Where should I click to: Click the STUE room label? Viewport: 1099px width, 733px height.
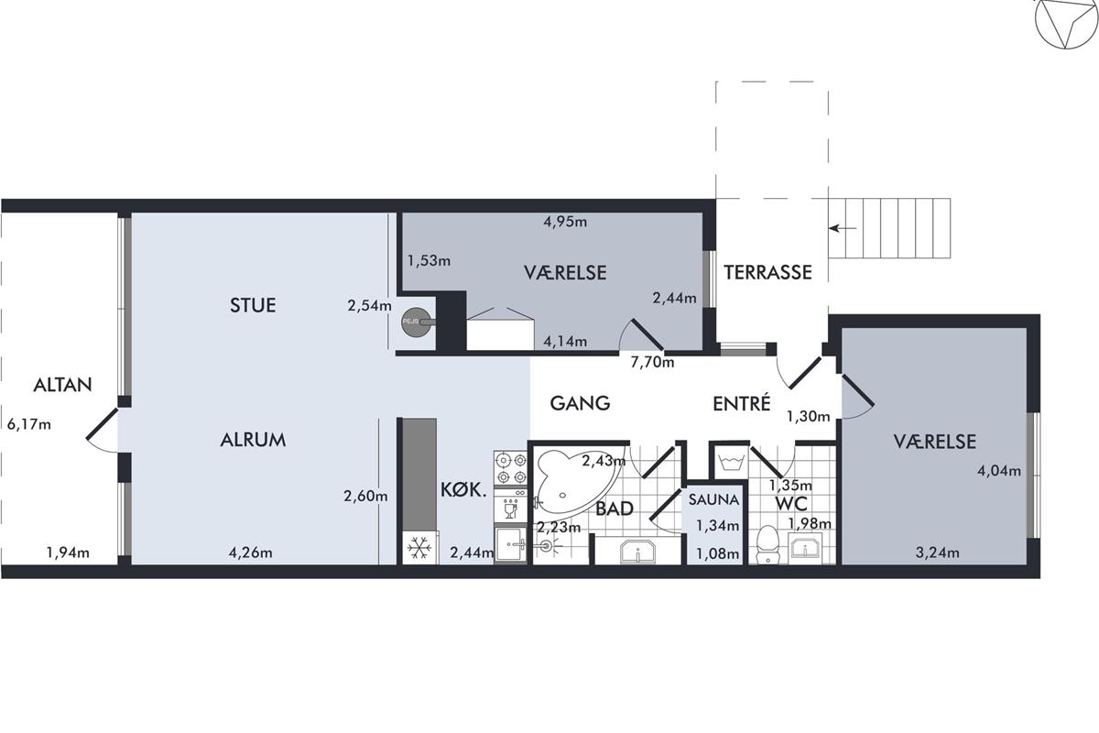coord(253,305)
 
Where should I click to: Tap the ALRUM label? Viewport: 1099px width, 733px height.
coord(253,440)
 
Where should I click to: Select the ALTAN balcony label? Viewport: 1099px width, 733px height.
coord(63,385)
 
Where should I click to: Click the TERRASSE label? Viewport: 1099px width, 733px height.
coord(767,272)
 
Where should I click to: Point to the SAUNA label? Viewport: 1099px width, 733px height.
coord(713,499)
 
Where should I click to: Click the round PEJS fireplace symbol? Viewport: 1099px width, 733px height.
coord(416,323)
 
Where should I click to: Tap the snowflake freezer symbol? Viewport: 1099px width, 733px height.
coord(420,547)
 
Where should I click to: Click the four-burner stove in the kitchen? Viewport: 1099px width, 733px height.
coord(510,468)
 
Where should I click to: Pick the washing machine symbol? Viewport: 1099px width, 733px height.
coord(731,462)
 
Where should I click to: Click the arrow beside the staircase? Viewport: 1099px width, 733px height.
coord(843,228)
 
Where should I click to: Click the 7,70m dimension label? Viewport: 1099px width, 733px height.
coord(652,363)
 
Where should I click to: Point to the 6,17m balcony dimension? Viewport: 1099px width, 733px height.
coord(29,424)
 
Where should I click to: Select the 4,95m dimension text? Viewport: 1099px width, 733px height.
coord(565,222)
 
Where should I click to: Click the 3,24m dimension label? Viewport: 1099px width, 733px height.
coord(938,552)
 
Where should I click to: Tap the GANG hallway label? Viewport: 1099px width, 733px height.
coord(580,403)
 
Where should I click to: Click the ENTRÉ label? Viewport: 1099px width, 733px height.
coord(741,402)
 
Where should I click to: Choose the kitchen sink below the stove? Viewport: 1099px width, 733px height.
coord(510,543)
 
